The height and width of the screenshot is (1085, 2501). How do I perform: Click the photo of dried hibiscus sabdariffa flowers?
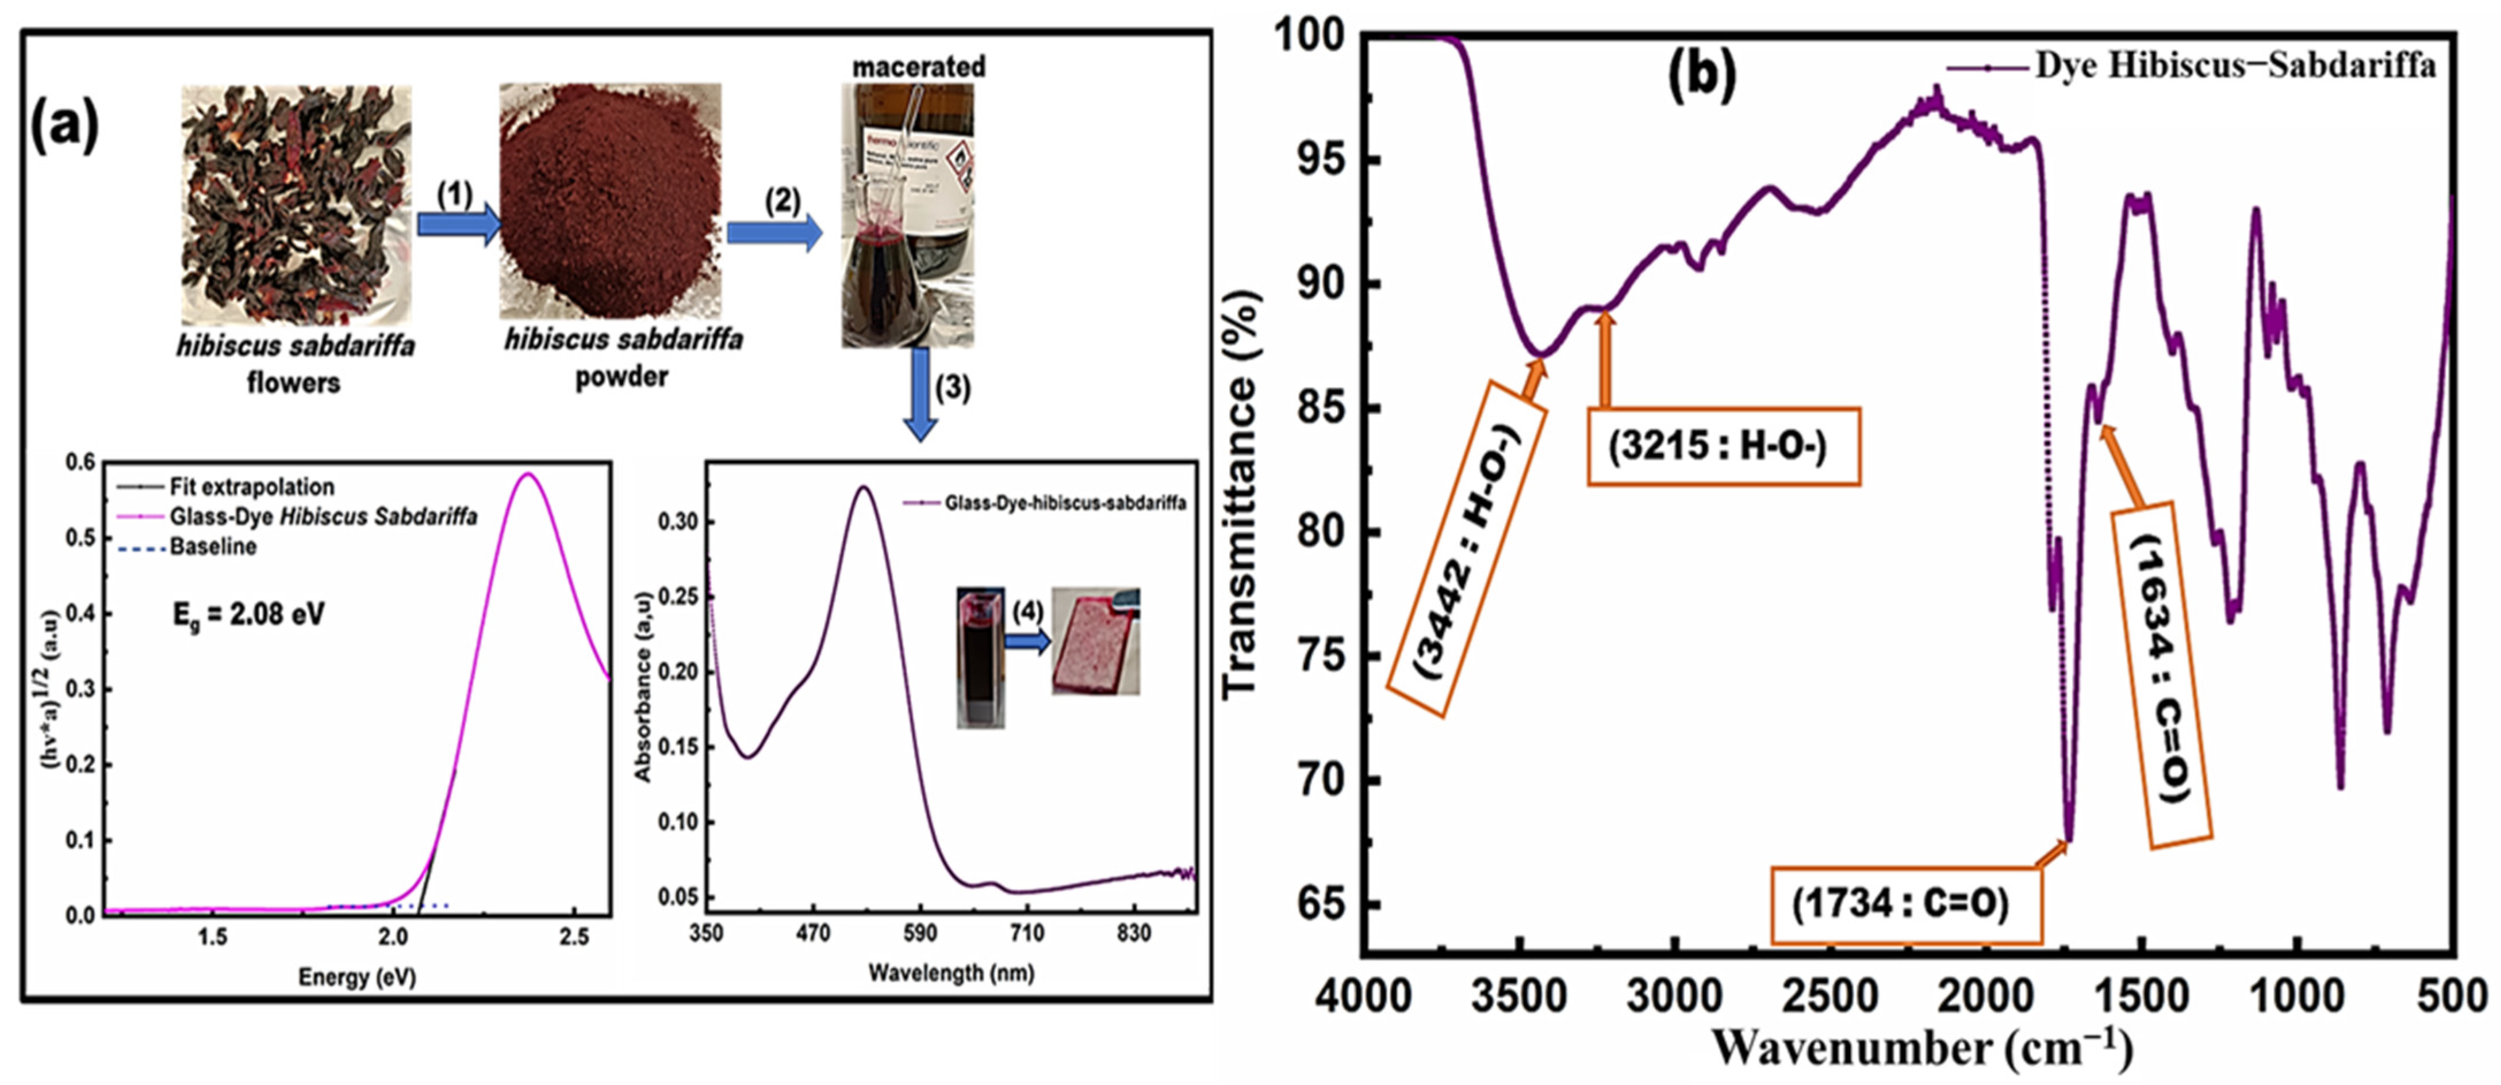point(296,204)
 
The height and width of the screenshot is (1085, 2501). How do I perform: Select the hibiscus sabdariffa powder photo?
point(611,201)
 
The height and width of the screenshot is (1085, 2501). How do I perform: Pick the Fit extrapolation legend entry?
point(251,487)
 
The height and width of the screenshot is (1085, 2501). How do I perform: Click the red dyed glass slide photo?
point(1095,641)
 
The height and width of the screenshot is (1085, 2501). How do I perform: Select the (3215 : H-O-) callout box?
point(1723,446)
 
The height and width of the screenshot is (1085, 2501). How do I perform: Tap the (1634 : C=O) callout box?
point(2163,670)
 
